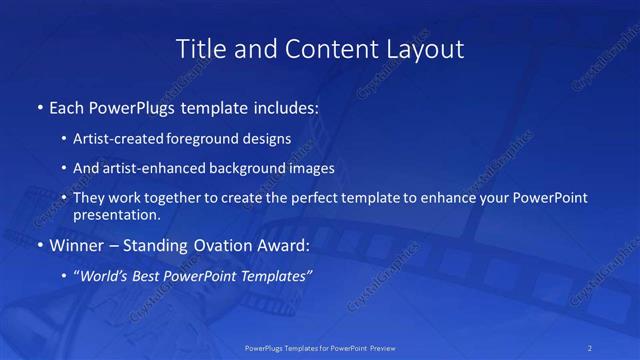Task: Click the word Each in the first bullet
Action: coord(67,107)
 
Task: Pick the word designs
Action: coord(267,138)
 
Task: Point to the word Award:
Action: coord(285,245)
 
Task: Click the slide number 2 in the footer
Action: coord(590,347)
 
